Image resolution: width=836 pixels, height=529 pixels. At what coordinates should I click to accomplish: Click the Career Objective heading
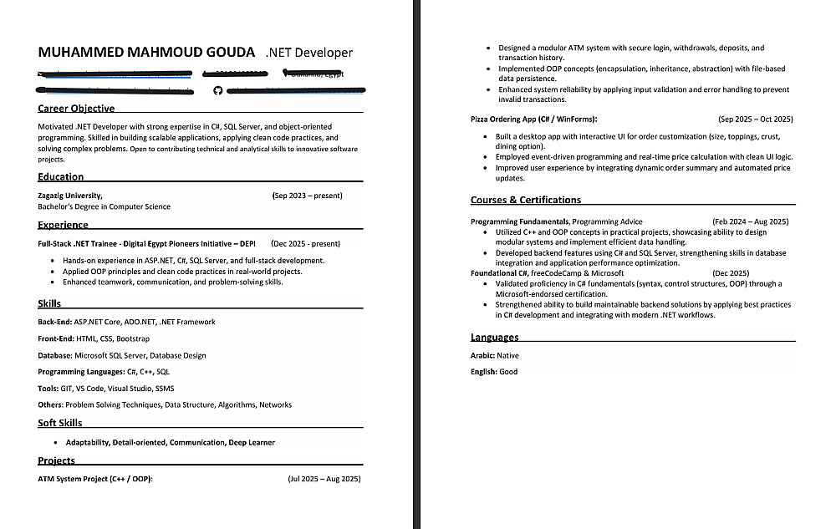[x=76, y=109]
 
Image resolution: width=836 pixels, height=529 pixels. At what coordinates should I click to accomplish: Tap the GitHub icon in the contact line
[x=218, y=90]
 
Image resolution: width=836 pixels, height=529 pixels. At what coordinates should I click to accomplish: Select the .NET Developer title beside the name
[x=308, y=53]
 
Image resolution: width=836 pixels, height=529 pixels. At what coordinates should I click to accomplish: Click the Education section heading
[x=60, y=177]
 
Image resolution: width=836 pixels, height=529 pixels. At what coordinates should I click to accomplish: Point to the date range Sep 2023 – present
[x=307, y=196]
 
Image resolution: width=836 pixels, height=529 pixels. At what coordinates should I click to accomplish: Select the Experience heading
[x=63, y=225]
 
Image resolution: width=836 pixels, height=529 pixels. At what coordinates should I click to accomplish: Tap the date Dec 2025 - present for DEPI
[x=305, y=244]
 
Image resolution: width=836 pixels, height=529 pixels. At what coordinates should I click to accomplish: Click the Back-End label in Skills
[x=54, y=322]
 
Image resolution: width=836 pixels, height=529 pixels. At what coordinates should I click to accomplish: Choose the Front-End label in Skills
[x=56, y=338]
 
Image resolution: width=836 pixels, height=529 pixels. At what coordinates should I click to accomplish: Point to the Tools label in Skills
[x=48, y=388]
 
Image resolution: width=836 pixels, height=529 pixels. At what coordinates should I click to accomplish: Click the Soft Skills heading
[x=59, y=423]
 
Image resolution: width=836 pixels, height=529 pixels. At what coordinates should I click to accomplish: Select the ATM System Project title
[x=95, y=479]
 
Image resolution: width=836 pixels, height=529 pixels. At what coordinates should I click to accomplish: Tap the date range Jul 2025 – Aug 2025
[x=324, y=479]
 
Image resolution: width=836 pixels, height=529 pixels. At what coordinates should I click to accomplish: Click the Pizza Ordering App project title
[x=534, y=120]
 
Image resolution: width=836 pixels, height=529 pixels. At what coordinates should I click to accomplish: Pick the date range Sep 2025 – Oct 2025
[x=756, y=120]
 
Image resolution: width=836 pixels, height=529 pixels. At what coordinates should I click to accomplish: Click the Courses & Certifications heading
[x=526, y=201]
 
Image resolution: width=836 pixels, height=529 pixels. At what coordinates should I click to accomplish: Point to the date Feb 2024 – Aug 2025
[x=750, y=221]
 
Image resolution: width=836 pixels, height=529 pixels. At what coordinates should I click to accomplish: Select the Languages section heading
[x=494, y=338]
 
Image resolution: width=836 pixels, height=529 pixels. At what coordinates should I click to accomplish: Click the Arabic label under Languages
[x=482, y=355]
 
